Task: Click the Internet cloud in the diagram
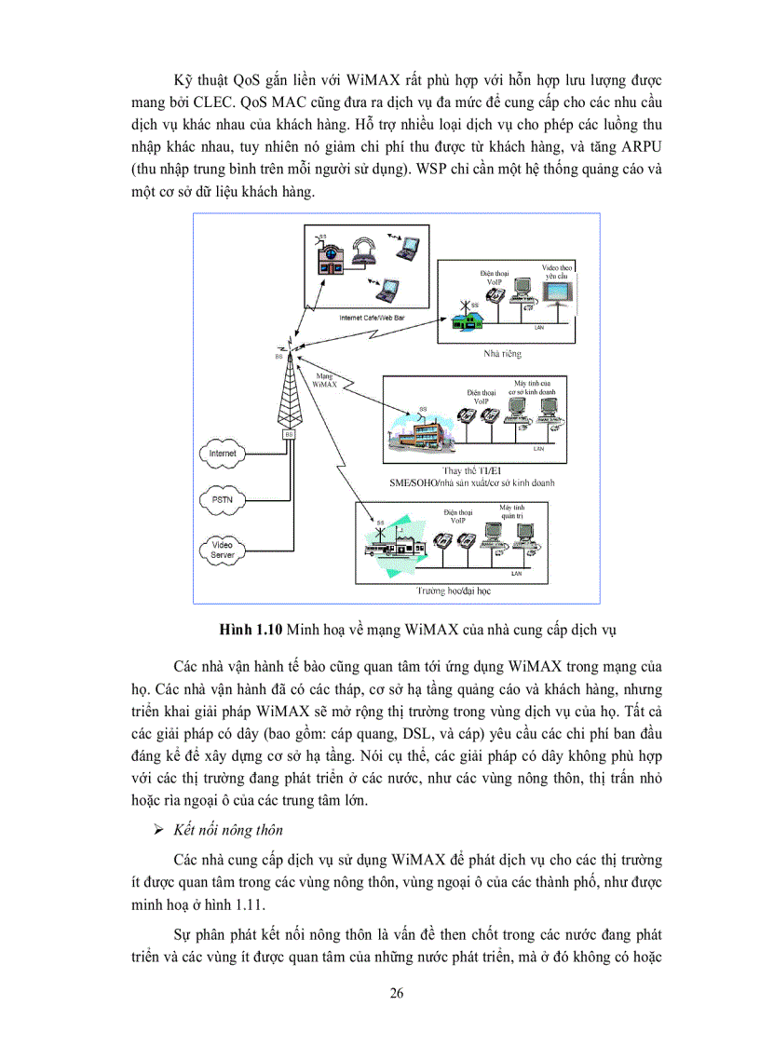[x=223, y=454]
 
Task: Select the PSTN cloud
[x=223, y=500]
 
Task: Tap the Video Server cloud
[x=223, y=549]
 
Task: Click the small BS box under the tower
[x=288, y=434]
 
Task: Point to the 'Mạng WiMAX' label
[x=326, y=378]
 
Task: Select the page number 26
[x=397, y=993]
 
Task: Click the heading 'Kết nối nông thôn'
[x=228, y=829]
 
